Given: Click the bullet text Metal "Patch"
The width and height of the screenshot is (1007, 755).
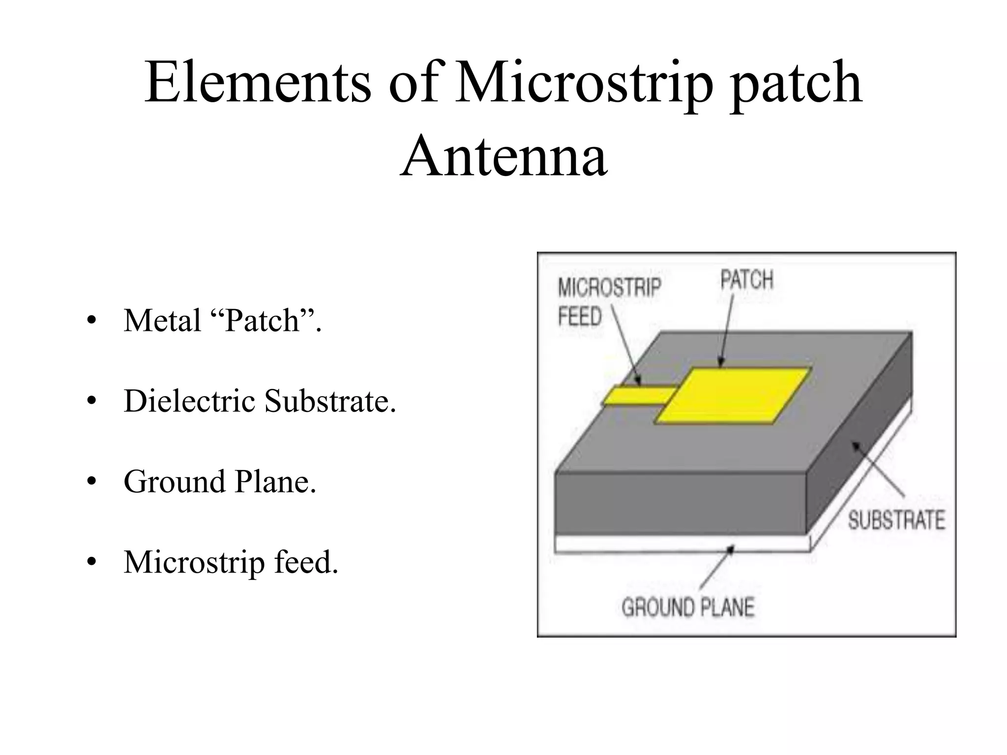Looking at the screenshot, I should click(x=222, y=320).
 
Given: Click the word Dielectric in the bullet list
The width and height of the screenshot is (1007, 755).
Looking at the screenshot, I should click(x=189, y=401).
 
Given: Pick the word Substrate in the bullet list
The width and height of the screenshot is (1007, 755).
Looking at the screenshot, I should click(x=330, y=401).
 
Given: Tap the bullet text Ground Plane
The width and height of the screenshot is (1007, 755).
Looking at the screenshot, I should click(x=220, y=481).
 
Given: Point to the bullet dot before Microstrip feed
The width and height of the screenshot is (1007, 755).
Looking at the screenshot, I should click(x=91, y=562).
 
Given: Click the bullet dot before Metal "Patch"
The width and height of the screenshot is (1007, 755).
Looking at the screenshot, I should click(x=91, y=320).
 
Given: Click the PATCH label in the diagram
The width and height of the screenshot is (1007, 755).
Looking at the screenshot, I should click(x=747, y=280).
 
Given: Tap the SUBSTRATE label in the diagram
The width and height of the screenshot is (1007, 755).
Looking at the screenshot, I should click(x=896, y=521).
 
